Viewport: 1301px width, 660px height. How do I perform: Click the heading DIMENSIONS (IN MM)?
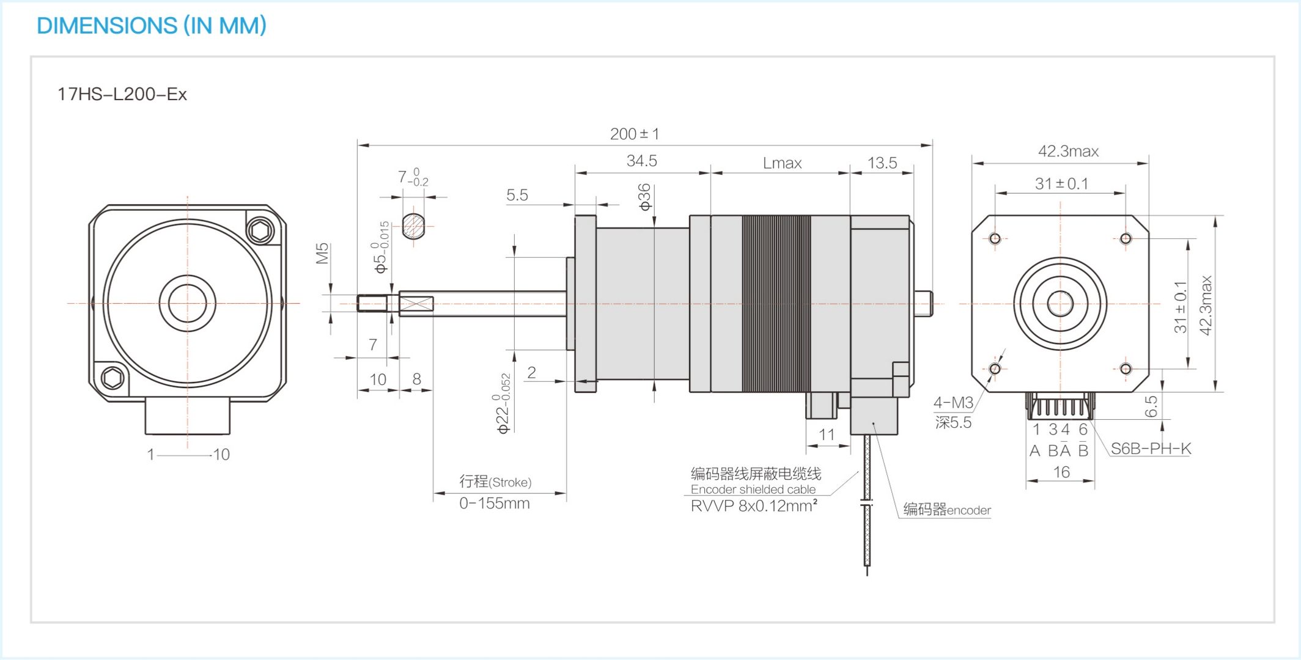pyautogui.click(x=152, y=26)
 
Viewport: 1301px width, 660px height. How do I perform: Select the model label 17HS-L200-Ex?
pyautogui.click(x=122, y=94)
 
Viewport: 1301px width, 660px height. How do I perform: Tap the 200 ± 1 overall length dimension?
pyautogui.click(x=635, y=134)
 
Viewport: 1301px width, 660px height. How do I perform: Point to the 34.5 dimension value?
pyautogui.click(x=641, y=161)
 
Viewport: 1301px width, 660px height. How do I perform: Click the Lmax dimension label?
pyautogui.click(x=782, y=163)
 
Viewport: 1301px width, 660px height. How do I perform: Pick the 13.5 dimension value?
pyautogui.click(x=882, y=163)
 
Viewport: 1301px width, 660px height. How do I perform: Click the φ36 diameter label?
pyautogui.click(x=644, y=197)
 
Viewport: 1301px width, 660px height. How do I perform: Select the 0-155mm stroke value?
pyautogui.click(x=495, y=503)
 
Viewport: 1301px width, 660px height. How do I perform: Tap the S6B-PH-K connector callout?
pyautogui.click(x=1151, y=449)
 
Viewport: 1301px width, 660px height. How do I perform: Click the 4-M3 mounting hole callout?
pyautogui.click(x=953, y=403)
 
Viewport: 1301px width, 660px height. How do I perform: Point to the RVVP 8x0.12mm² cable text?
pyautogui.click(x=754, y=505)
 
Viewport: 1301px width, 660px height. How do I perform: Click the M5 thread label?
pyautogui.click(x=323, y=254)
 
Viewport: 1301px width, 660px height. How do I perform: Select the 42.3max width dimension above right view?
pyautogui.click(x=1068, y=151)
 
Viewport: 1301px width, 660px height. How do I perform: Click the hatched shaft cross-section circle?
pyautogui.click(x=413, y=226)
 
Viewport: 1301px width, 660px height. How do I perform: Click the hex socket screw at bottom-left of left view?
pyautogui.click(x=112, y=378)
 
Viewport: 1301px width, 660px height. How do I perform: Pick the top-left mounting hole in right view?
pyautogui.click(x=995, y=238)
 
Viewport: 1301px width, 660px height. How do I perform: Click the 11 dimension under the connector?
pyautogui.click(x=827, y=435)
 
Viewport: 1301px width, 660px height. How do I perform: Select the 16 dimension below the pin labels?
pyautogui.click(x=1061, y=472)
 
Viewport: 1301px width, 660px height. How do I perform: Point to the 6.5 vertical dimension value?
pyautogui.click(x=1151, y=406)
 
